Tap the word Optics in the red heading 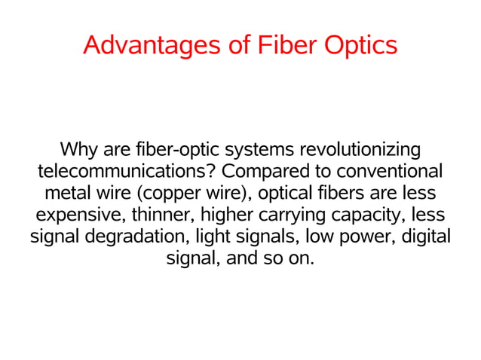click(x=360, y=45)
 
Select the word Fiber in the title click(x=287, y=45)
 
